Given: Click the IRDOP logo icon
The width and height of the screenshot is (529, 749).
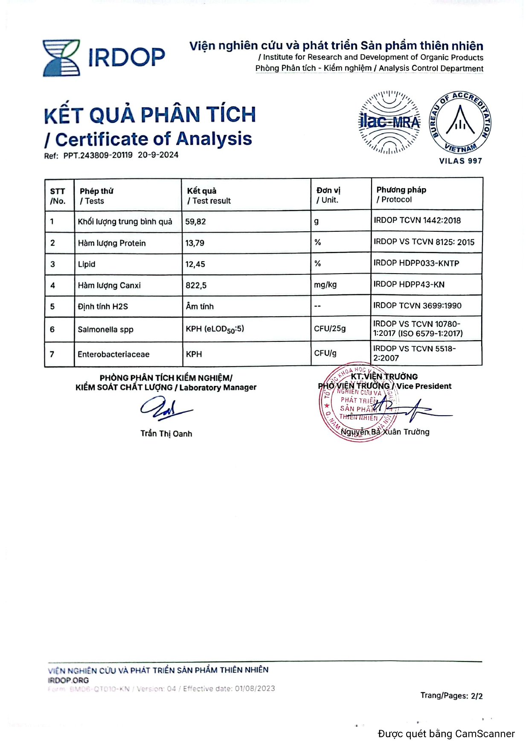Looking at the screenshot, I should pyautogui.click(x=61, y=58).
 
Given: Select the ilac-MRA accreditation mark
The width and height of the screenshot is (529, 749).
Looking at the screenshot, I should pyautogui.click(x=389, y=122).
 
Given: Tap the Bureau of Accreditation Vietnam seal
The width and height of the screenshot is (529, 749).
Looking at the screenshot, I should pyautogui.click(x=460, y=122).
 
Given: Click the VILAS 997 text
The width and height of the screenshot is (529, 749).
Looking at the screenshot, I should pyautogui.click(x=460, y=161).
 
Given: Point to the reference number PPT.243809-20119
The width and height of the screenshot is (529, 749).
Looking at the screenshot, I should pyautogui.click(x=98, y=155).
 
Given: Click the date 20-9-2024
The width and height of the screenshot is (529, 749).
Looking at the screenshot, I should pyautogui.click(x=158, y=155).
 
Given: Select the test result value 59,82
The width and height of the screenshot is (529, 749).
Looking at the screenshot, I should pyautogui.click(x=195, y=221).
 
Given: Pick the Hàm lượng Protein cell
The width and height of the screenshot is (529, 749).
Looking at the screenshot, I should pyautogui.click(x=112, y=243).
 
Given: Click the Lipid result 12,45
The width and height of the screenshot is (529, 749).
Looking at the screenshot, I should pyautogui.click(x=195, y=265).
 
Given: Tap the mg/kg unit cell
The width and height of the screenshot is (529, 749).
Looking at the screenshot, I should pyautogui.click(x=325, y=285).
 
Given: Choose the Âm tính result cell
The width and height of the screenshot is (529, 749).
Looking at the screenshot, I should pyautogui.click(x=200, y=306).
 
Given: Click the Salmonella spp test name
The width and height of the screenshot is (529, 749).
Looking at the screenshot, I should pyautogui.click(x=105, y=329).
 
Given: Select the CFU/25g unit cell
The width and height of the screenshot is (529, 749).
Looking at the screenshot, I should pyautogui.click(x=330, y=329).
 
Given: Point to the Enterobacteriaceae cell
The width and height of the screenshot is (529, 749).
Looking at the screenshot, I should pyautogui.click(x=113, y=354).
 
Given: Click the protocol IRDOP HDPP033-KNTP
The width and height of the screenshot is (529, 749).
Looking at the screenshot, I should pyautogui.click(x=416, y=263).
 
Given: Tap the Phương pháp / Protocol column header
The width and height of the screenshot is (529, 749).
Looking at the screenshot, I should pyautogui.click(x=401, y=195).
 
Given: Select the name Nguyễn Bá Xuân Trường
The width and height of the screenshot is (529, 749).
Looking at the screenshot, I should pyautogui.click(x=385, y=432).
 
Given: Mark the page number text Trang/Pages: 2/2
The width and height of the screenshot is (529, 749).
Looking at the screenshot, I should pyautogui.click(x=451, y=696).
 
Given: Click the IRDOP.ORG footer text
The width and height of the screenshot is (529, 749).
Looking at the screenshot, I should pyautogui.click(x=68, y=680).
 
